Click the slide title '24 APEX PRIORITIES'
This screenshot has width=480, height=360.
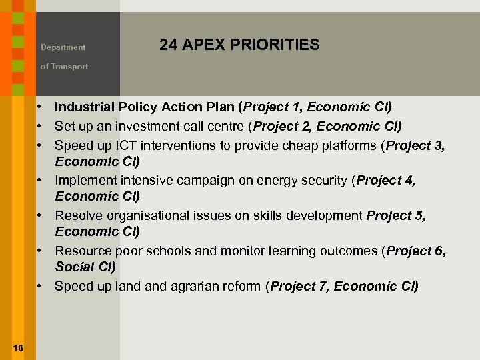point(239,45)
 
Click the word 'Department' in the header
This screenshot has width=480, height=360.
point(63,47)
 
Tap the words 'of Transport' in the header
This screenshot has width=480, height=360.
point(64,67)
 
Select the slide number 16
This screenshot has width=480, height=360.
point(18,348)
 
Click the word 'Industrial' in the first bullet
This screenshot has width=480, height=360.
point(84,107)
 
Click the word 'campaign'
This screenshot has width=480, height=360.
point(191,180)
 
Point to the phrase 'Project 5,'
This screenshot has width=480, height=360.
point(396,215)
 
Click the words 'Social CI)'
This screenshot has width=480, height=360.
point(85,267)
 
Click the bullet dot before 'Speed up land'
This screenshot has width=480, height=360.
point(41,287)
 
